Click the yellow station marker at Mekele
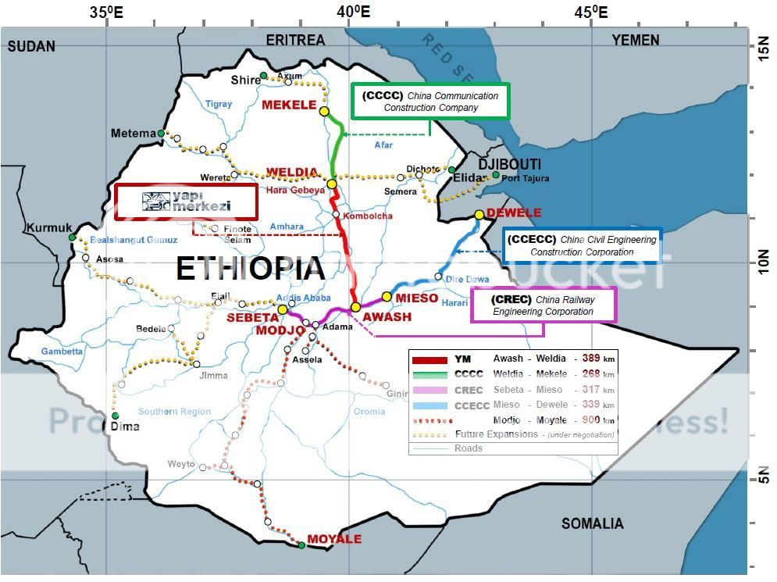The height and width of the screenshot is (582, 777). coord(324,111)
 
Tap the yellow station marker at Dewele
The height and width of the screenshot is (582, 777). coord(479,215)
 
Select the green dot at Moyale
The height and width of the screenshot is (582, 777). coord(301,545)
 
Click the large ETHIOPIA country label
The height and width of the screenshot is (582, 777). coord(250,268)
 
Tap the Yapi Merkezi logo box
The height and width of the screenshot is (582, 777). coord(186,202)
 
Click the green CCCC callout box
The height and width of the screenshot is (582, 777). coord(430,102)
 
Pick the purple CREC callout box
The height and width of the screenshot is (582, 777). coord(544,305)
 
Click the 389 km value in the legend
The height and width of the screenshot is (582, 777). coord(591,359)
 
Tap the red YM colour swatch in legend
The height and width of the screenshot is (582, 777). coord(429,359)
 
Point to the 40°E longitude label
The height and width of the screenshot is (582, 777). coord(354,12)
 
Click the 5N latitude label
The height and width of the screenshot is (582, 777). coord(759,478)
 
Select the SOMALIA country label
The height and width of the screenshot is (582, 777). coord(592,523)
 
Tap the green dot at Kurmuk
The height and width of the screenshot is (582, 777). coord(72,237)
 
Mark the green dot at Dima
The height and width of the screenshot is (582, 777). coord(116,416)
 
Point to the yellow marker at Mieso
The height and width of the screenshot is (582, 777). coord(387,297)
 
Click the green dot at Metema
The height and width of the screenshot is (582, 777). coord(161,134)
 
